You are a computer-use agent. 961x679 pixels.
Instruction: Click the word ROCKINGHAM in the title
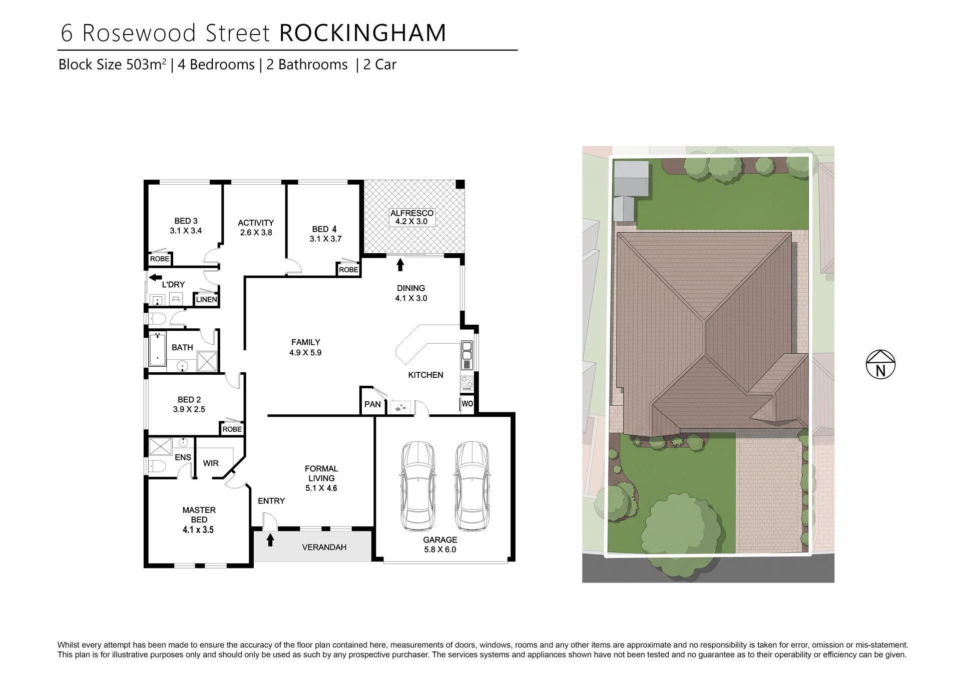pos(363,33)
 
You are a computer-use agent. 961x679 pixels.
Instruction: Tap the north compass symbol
pos(880,364)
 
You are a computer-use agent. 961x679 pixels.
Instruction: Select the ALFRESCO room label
pos(412,213)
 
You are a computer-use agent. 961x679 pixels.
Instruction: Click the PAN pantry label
pos(372,404)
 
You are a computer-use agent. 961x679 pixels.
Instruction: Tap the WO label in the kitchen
pos(467,404)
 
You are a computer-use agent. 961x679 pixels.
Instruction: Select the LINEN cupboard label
pos(206,300)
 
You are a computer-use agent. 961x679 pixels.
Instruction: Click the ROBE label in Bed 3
pos(160,259)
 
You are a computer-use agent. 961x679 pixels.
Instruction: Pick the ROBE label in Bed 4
pos(348,270)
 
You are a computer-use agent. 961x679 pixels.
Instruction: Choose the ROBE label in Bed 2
pos(232,429)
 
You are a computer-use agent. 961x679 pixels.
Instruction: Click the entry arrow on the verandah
pos(270,540)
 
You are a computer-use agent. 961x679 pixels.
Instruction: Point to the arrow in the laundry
pos(156,277)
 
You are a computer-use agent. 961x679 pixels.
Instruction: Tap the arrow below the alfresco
pos(400,264)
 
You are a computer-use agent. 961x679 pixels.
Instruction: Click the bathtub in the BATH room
pos(158,349)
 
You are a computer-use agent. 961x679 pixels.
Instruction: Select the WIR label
pos(211,463)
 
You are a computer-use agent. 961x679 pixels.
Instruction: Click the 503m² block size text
pos(145,65)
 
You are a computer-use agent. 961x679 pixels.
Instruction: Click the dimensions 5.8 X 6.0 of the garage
pos(440,549)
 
